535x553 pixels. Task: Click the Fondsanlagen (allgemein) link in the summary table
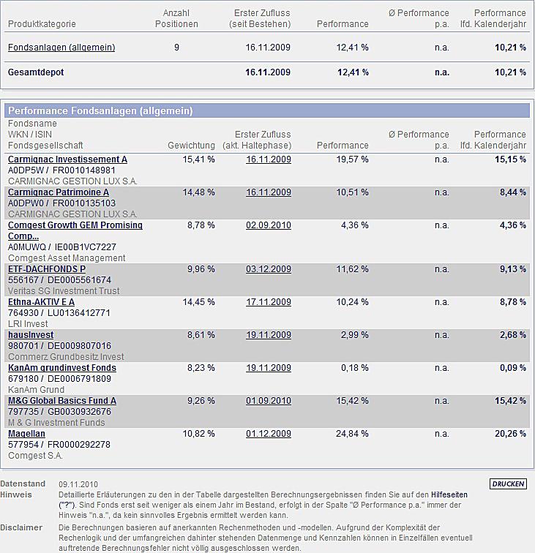(x=61, y=48)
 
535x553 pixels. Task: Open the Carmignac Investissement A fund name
(x=67, y=159)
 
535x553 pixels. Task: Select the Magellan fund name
(x=26, y=434)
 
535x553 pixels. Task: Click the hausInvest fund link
(x=31, y=335)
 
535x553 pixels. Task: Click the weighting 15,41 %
(x=198, y=159)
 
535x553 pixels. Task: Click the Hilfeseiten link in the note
(x=449, y=494)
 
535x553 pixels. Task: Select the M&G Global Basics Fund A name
(x=62, y=401)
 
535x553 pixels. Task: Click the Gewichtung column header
(x=191, y=146)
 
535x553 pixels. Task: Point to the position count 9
(x=176, y=48)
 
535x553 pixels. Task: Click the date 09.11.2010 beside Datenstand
(x=78, y=484)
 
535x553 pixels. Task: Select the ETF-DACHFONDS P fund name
(x=47, y=269)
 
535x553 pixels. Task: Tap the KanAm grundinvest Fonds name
(x=62, y=368)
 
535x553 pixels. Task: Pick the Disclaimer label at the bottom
(x=21, y=527)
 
